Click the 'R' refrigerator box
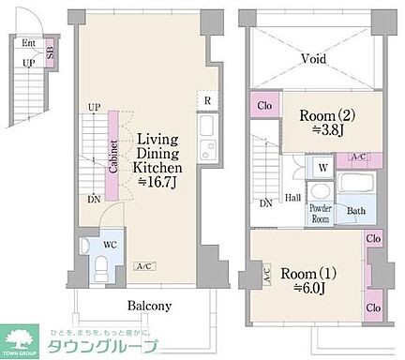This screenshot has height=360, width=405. coord(207,102)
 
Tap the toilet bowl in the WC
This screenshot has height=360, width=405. coord(100,267)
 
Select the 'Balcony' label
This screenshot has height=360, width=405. coord(149,306)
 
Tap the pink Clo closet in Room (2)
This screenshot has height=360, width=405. coord(264,105)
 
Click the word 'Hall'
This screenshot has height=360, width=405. coord(293,198)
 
